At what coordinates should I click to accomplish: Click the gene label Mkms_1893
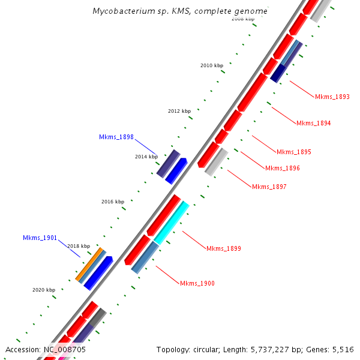332,97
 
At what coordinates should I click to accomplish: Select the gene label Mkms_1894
313,123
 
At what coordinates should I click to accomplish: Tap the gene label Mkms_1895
293,152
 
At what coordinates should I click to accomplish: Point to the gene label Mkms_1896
282,168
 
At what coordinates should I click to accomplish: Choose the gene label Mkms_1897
269,187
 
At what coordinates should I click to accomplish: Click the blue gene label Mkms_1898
116,137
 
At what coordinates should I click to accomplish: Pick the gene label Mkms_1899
223,248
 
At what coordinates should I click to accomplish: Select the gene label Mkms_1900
197,283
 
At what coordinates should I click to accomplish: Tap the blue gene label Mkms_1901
40,238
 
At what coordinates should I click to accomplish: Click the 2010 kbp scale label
211,65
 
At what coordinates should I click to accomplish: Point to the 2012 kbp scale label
179,111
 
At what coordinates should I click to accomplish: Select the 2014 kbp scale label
146,157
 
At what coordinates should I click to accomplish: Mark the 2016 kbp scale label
113,202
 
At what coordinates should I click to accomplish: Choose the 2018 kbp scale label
79,246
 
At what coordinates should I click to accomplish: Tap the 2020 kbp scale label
44,290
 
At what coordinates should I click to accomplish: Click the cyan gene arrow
172,222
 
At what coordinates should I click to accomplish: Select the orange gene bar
90,264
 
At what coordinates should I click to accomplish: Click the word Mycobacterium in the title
124,11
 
